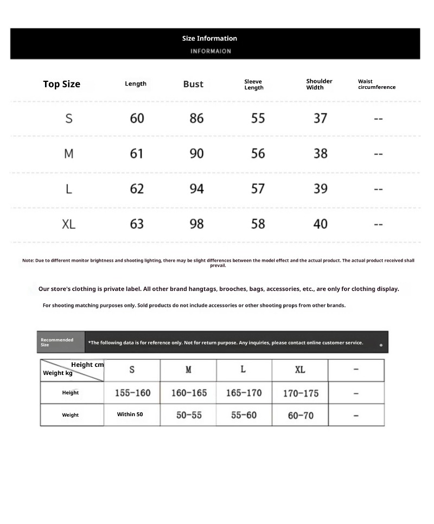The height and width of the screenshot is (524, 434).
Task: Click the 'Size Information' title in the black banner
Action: [x=209, y=38]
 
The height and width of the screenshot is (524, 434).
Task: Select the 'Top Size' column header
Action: [x=61, y=84]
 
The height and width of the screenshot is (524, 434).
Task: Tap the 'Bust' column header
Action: [x=193, y=84]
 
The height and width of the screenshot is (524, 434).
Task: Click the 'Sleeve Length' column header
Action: [x=253, y=85]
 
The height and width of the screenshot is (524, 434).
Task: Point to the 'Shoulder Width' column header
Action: [x=319, y=84]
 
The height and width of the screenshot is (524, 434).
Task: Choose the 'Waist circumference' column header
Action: [x=376, y=84]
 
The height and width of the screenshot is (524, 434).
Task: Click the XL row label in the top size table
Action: [x=68, y=224]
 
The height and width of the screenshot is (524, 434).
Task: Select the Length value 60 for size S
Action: [x=137, y=118]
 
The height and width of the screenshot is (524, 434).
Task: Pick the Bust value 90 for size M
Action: [x=196, y=153]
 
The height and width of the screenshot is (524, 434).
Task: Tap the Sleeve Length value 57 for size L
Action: [x=258, y=189]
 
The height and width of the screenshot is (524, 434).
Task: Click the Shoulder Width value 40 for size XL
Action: [x=320, y=224]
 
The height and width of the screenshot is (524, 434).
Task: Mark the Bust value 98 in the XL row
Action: [x=196, y=224]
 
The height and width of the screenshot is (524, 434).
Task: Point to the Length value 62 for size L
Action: [x=137, y=189]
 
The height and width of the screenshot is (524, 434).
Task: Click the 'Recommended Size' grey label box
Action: [x=60, y=342]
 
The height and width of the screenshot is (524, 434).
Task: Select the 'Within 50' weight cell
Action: [x=130, y=415]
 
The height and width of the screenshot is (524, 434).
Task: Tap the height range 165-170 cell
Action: [x=243, y=393]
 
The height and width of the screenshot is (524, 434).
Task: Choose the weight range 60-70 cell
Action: [x=300, y=415]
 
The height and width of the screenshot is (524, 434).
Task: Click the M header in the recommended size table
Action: [x=188, y=370]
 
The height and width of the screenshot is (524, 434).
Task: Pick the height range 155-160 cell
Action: [x=132, y=393]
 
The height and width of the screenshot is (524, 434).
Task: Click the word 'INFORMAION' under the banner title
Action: [x=210, y=51]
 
